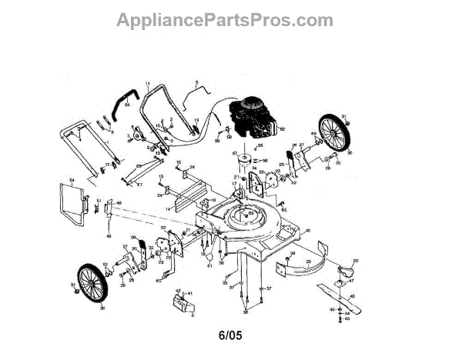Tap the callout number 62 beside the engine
coord(283,129)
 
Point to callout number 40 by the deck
coord(308,231)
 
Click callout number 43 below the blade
coord(346,318)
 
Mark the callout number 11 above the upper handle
coord(146,82)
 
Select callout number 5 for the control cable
coord(197,82)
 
